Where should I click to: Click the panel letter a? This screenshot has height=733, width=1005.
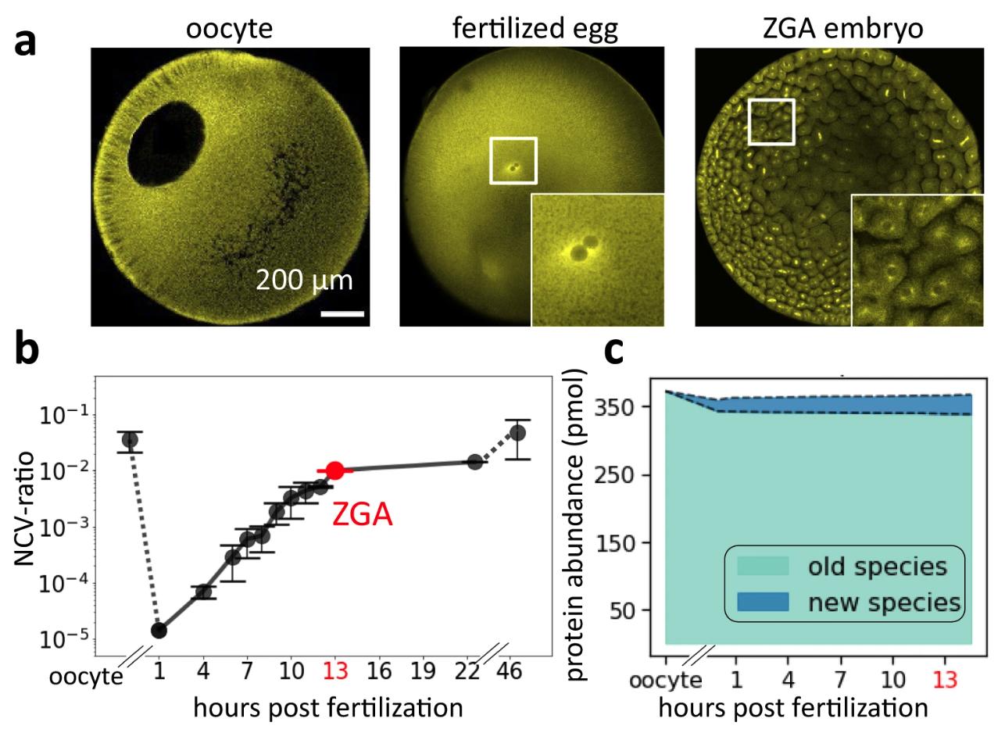25,41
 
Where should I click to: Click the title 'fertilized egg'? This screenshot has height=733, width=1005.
535,28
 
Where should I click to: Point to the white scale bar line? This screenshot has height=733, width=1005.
342,314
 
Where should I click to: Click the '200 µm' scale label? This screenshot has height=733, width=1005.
304,280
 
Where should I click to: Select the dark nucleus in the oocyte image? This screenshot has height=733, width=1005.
167,147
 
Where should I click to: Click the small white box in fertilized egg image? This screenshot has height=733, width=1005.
513,160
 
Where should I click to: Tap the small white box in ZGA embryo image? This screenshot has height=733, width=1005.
771,122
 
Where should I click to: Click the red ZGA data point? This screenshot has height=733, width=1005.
335,470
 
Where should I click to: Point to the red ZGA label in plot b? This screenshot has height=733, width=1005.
362,515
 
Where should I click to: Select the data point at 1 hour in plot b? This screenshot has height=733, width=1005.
159,630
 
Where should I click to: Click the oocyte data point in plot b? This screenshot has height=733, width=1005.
130,440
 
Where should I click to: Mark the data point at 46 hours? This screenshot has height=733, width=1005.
517,433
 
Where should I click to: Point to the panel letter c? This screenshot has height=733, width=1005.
615,353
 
